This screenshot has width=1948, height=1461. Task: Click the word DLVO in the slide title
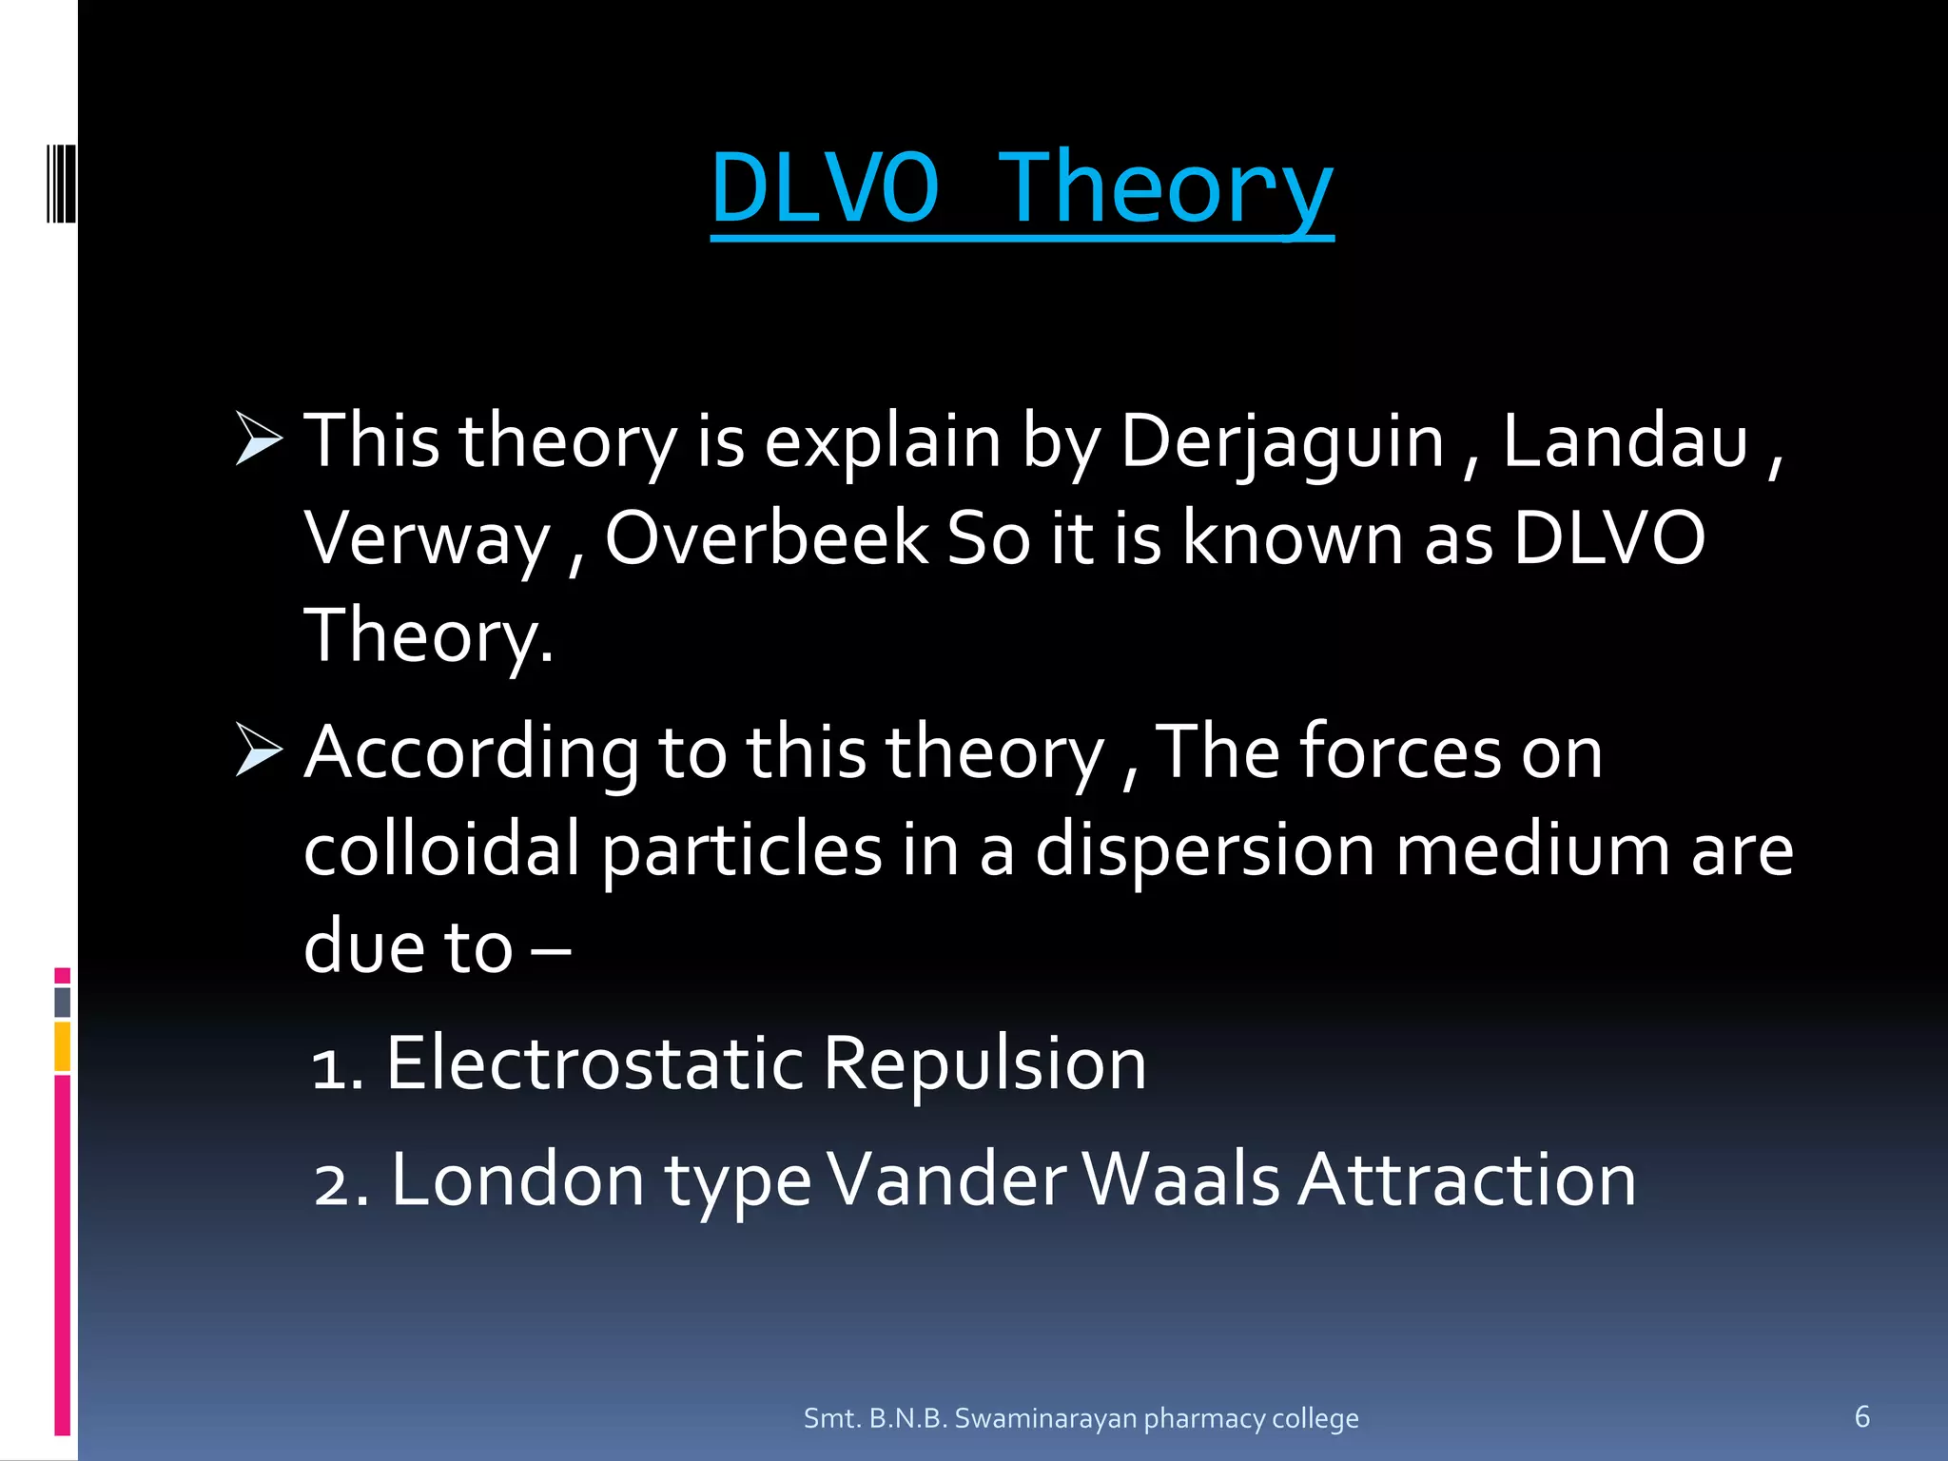tap(825, 187)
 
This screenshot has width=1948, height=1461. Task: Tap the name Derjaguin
tap(1282, 442)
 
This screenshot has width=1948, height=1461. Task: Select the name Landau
tap(1625, 442)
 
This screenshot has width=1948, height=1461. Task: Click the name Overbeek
tap(767, 538)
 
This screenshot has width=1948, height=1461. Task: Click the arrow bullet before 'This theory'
tap(259, 439)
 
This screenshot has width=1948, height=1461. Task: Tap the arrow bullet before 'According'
tap(259, 750)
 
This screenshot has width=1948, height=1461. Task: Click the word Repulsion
tap(984, 1063)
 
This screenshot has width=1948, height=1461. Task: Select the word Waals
tap(1180, 1180)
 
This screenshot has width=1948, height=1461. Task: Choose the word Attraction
tap(1467, 1180)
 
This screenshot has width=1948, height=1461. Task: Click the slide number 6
tap(1861, 1416)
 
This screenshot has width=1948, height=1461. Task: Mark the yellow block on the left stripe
tap(63, 1046)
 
